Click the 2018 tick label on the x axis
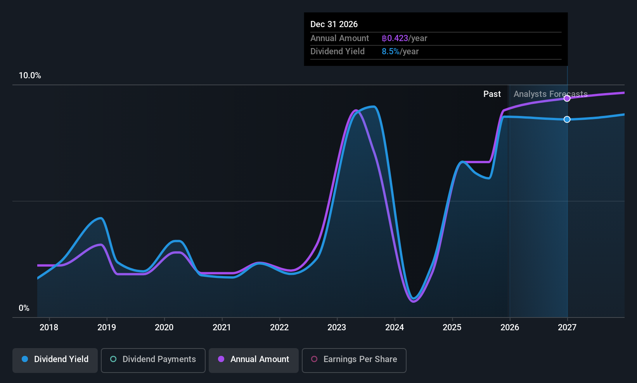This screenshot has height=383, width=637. click(x=49, y=327)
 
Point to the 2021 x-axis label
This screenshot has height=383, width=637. click(x=222, y=327)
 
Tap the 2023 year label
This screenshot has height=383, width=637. click(x=337, y=327)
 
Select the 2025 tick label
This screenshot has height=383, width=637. click(x=452, y=327)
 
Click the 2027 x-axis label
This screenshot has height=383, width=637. click(x=567, y=327)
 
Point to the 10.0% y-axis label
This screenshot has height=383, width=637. click(x=30, y=76)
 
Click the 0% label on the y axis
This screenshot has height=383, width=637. click(x=24, y=308)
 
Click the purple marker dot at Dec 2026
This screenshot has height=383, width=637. click(x=567, y=98)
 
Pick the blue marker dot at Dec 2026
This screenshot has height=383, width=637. click(x=567, y=119)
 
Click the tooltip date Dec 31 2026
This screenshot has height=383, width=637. click(x=334, y=24)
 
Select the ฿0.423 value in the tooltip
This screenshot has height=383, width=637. click(x=395, y=38)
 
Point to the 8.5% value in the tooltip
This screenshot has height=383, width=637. click(x=390, y=52)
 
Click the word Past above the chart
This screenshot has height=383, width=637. click(x=492, y=94)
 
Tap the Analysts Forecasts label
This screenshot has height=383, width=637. click(x=550, y=94)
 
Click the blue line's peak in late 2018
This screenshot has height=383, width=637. click(x=101, y=218)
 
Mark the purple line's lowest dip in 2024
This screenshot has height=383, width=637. click(x=414, y=301)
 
